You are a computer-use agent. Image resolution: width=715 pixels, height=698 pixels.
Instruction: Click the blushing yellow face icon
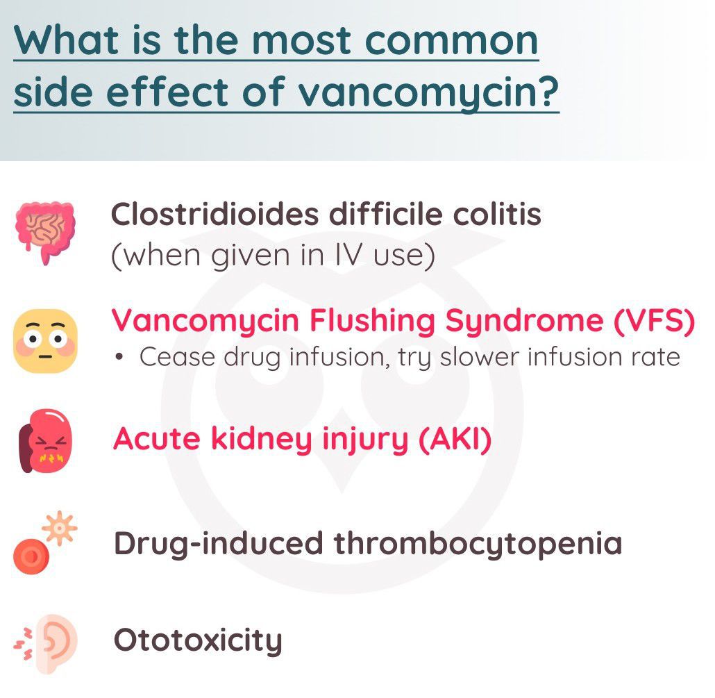(x=45, y=340)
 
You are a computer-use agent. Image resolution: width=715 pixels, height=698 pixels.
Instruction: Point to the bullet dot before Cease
(x=119, y=357)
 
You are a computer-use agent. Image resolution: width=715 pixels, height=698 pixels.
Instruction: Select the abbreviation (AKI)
(x=455, y=439)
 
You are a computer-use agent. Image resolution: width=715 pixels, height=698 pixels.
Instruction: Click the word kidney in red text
(x=261, y=440)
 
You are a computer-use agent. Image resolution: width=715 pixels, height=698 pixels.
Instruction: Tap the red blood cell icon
(x=31, y=556)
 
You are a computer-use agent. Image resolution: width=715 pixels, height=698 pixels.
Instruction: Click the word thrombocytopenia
(x=478, y=545)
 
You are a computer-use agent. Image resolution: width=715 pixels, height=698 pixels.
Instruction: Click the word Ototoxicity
(x=198, y=640)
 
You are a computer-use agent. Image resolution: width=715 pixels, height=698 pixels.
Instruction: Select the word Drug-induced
(x=219, y=543)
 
